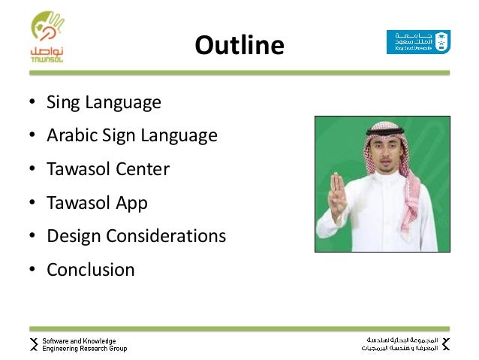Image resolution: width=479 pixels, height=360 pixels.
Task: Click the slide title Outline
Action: click(x=239, y=47)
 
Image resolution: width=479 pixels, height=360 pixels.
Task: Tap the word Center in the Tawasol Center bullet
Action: click(x=142, y=169)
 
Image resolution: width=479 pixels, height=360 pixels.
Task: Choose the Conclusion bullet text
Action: click(x=91, y=269)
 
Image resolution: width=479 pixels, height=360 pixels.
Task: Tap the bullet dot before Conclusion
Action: click(x=34, y=270)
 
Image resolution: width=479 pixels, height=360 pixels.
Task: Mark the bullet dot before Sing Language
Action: click(x=34, y=103)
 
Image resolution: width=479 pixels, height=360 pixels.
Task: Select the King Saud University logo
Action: click(x=417, y=42)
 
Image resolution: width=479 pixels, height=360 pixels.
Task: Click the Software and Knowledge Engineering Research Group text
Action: click(x=84, y=344)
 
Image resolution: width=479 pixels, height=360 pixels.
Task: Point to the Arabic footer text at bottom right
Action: click(x=399, y=344)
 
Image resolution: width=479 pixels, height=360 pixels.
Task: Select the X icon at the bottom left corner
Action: click(x=34, y=344)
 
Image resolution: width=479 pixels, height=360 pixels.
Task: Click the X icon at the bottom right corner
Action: click(x=445, y=344)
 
